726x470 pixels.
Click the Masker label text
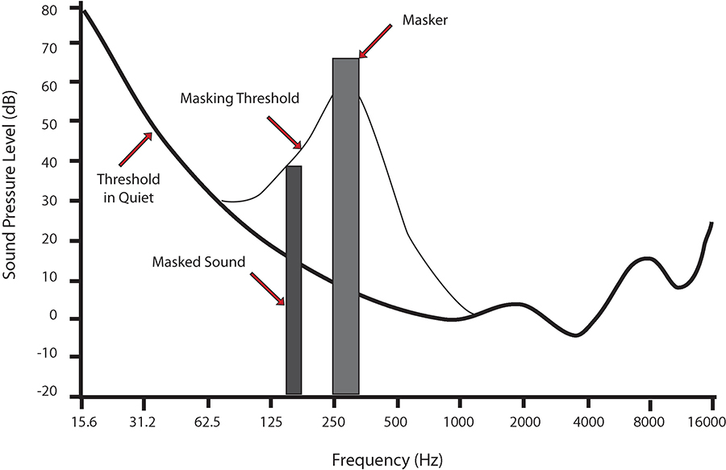coord(428,17)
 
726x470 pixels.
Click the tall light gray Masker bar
coord(345,226)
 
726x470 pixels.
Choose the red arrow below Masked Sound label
coord(268,289)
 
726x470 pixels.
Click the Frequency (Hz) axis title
coord(386,460)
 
